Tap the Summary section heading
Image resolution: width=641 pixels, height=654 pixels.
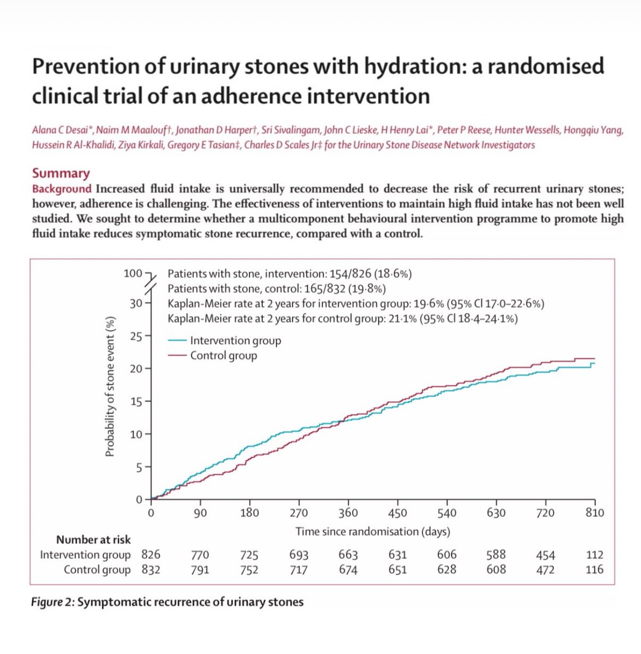(61, 173)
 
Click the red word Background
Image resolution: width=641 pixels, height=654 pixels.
(62, 189)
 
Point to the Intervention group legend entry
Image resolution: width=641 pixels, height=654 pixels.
(235, 341)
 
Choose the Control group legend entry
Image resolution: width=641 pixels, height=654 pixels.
(223, 355)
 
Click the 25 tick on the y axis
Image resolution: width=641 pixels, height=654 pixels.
(136, 336)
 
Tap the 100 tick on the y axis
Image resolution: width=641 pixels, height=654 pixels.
(133, 273)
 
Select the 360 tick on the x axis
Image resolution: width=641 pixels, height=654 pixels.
(348, 513)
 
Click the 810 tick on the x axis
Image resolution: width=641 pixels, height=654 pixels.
(595, 513)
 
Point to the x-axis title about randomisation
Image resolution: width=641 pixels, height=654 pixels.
(373, 531)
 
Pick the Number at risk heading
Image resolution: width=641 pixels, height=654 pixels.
(93, 540)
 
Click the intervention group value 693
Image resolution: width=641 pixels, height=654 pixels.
(299, 555)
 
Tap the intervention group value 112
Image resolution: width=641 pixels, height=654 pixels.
(595, 555)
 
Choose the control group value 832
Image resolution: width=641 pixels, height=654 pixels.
(150, 570)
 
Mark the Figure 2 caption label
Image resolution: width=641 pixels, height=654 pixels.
(54, 602)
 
